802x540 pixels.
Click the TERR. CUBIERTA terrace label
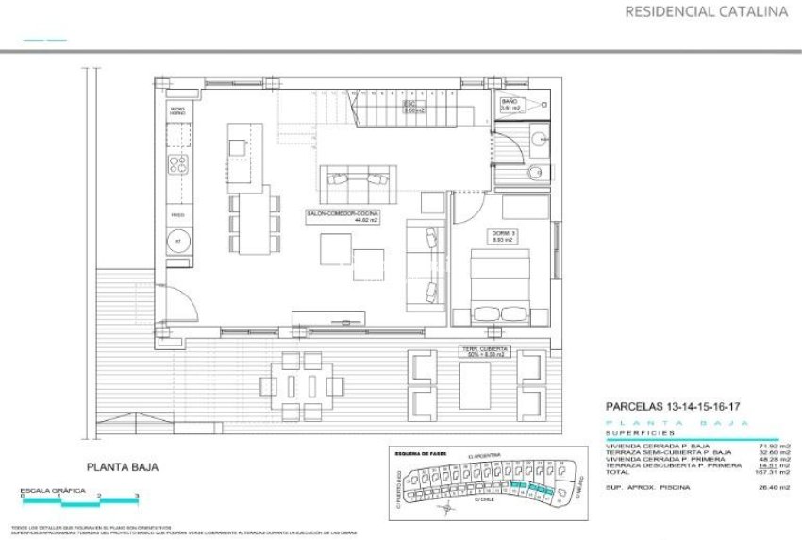[x=484, y=352]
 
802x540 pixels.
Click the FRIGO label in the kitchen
[x=176, y=214]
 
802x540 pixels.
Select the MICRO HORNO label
[x=176, y=112]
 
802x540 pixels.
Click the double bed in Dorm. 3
[x=499, y=283]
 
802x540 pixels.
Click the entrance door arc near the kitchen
[x=181, y=305]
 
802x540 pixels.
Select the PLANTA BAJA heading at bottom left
[x=123, y=466]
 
